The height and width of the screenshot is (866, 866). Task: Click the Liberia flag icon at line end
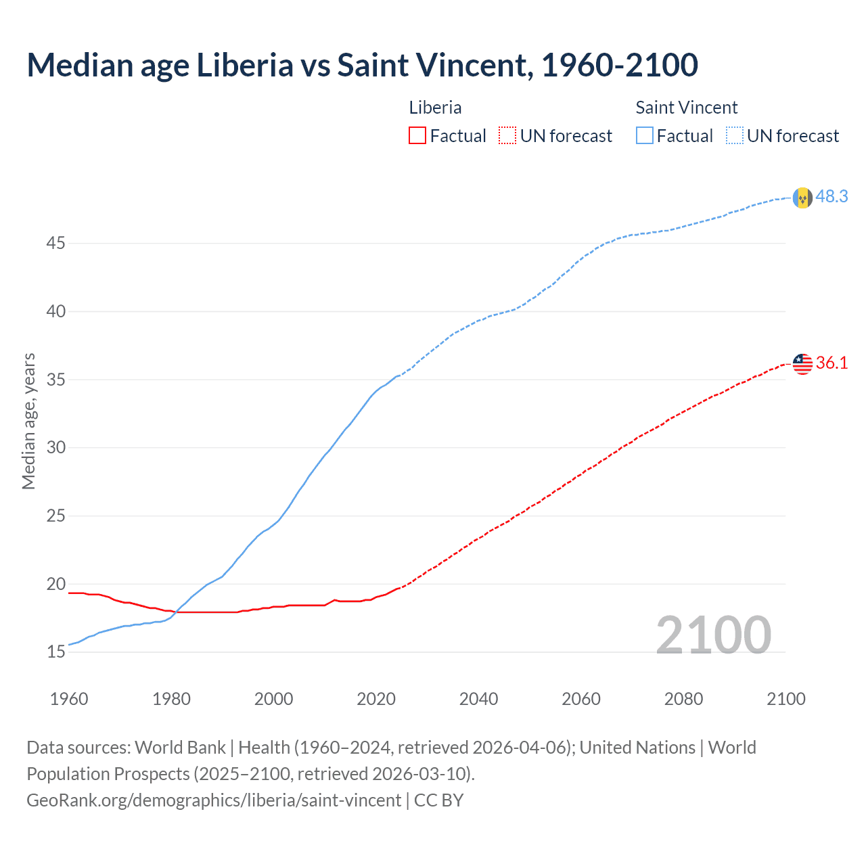(802, 364)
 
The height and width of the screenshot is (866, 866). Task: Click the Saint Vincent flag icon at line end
(802, 198)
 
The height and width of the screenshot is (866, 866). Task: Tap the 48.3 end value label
(831, 197)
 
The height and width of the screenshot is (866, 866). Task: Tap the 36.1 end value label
(831, 363)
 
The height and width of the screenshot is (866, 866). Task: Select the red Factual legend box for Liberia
(417, 136)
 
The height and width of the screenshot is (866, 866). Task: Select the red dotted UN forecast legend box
(507, 136)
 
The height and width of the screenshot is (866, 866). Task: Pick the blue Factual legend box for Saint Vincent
(644, 136)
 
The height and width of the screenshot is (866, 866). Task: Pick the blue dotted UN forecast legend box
(734, 136)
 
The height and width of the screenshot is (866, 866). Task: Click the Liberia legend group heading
(435, 108)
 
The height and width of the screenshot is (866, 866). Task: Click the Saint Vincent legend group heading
(686, 108)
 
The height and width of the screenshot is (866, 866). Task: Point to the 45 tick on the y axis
(55, 243)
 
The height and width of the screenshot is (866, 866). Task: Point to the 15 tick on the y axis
(55, 652)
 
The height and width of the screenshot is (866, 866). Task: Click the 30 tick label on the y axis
(55, 448)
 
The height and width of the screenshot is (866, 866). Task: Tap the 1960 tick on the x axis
(69, 699)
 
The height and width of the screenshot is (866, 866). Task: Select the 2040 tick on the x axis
(478, 699)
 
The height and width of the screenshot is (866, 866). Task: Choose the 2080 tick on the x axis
(683, 699)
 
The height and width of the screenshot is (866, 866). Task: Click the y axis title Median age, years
(28, 421)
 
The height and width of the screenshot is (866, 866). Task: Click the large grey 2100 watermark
(713, 635)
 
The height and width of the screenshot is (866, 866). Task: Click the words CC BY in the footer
(438, 800)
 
